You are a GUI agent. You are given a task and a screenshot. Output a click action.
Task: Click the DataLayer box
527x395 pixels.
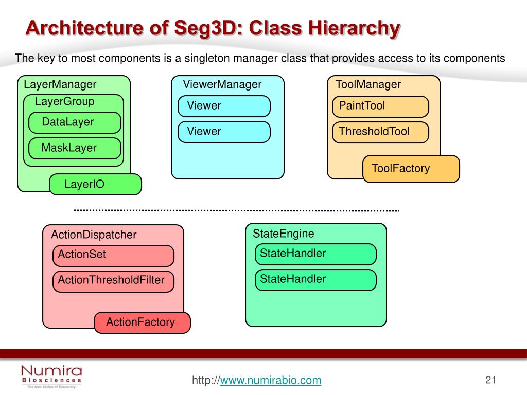click(75, 122)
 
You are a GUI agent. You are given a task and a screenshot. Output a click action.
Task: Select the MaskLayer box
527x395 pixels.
click(75, 148)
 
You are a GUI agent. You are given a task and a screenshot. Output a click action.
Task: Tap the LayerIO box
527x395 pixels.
click(95, 184)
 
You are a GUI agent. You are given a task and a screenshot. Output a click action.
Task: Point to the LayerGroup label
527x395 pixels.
click(65, 101)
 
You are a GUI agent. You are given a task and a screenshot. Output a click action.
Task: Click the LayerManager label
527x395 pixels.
click(60, 84)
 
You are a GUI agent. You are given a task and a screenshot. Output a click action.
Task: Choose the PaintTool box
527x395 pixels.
click(380, 106)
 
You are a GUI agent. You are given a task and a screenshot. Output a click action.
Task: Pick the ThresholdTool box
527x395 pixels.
click(380, 132)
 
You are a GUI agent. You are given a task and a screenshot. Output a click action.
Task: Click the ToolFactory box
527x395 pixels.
click(411, 169)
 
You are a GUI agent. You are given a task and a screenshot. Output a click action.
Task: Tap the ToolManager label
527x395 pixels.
click(368, 84)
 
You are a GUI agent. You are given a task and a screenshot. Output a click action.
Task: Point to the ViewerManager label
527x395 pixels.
click(222, 84)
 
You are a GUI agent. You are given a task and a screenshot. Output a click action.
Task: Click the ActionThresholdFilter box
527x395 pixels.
click(113, 281)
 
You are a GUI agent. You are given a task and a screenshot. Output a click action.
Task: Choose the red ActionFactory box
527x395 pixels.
click(142, 322)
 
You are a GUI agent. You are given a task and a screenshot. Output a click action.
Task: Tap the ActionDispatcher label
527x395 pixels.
click(94, 235)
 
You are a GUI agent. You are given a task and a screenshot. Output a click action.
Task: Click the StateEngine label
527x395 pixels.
click(283, 234)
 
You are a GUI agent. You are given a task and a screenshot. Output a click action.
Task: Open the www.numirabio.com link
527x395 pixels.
click(271, 381)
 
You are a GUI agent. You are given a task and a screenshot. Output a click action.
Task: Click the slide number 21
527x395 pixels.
click(490, 380)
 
